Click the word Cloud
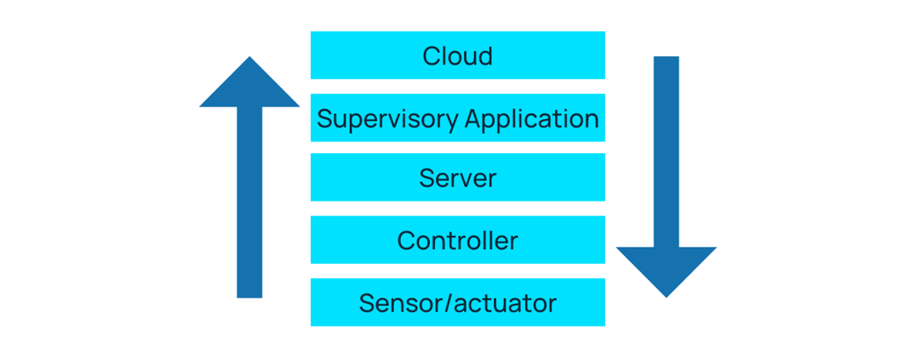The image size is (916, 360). [457, 56]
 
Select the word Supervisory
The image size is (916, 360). [386, 119]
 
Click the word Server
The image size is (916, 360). [457, 179]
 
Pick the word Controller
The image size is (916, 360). [457, 241]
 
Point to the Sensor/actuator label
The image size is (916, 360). [457, 303]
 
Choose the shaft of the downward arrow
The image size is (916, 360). [666, 153]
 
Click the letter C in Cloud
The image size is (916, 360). [431, 56]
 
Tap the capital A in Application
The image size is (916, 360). [471, 118]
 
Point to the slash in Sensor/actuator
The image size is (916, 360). [449, 303]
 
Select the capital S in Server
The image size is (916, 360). [427, 179]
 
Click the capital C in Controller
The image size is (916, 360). [406, 241]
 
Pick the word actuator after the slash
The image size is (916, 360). [505, 303]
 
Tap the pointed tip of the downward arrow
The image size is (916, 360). [666, 296]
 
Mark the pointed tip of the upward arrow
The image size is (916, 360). [249, 59]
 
